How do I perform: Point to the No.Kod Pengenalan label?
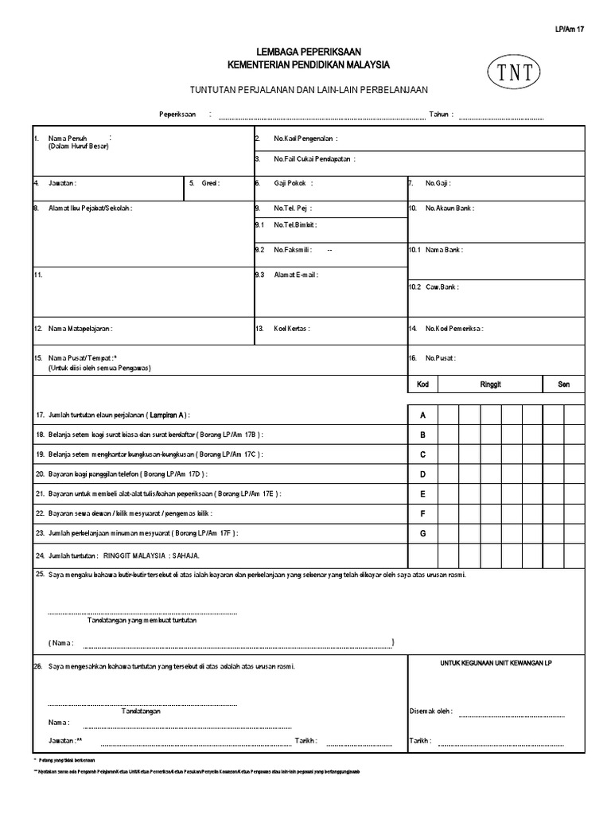click(305, 138)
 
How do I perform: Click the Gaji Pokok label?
click(293, 183)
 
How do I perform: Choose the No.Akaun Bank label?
click(449, 208)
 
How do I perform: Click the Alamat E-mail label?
click(296, 275)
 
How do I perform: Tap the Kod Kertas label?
click(291, 328)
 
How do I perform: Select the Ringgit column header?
click(490, 384)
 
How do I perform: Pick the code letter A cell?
click(422, 415)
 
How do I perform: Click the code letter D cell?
click(422, 474)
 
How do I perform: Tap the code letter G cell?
click(422, 533)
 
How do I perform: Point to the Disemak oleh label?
click(430, 712)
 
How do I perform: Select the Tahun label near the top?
click(441, 115)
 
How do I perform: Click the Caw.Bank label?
click(442, 287)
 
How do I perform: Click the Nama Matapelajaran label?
click(80, 328)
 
